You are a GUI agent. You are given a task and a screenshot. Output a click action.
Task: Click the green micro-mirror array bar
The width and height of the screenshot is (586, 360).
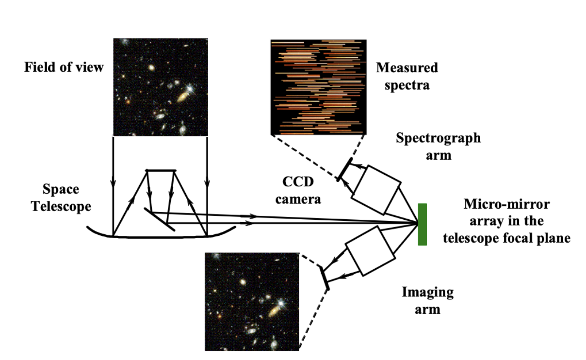pos(422,225)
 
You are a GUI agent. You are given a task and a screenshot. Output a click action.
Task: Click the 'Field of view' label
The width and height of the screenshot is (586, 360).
pos(64,67)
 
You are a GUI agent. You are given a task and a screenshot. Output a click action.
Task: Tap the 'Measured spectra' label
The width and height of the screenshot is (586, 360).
pos(407,77)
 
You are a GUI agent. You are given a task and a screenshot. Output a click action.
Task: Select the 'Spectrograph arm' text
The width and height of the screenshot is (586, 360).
pos(438,146)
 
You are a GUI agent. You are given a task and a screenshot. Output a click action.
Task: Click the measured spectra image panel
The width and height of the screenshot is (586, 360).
pos(318,87)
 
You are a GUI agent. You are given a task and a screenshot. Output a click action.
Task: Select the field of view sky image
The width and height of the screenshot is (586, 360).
pos(160,87)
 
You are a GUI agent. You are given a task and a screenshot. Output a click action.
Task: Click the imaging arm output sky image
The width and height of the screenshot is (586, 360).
pos(252,301)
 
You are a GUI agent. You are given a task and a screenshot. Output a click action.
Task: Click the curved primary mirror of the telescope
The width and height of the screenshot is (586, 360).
pos(160,236)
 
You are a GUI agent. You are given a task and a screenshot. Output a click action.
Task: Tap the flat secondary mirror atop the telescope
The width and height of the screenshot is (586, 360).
pos(161,170)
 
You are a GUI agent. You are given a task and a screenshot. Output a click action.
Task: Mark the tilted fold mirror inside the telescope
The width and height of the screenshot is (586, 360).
pos(160,219)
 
